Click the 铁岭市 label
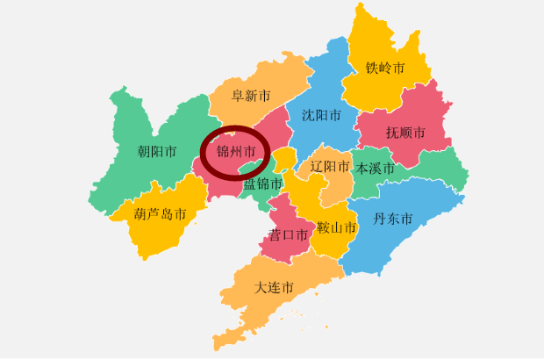(385, 68)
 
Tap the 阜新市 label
(250, 96)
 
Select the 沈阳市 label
(320, 115)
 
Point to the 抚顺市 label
(405, 133)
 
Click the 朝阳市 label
(157, 152)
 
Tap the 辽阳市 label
(330, 166)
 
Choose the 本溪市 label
(376, 169)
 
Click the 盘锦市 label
(263, 184)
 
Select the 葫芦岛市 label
(160, 214)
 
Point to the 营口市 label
(289, 235)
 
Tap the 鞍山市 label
(337, 228)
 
